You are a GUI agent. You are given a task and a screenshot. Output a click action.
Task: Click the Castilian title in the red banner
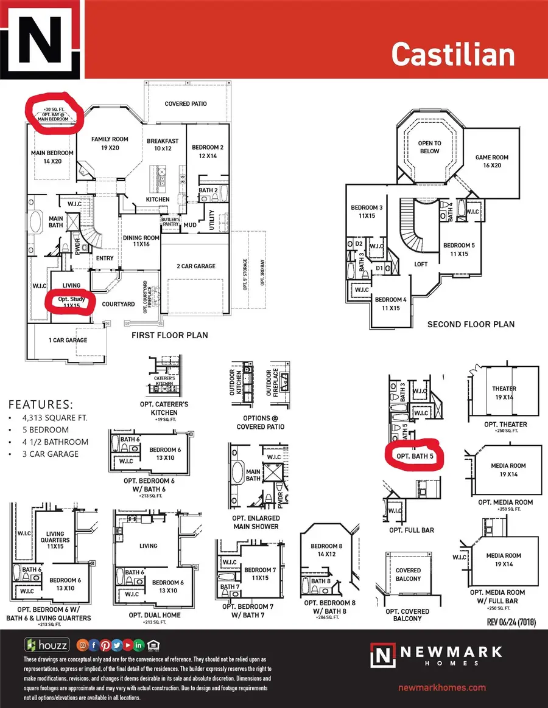tap(453, 54)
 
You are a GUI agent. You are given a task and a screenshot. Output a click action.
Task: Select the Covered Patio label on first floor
tap(186, 104)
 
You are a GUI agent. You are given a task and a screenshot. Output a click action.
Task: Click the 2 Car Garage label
tap(196, 266)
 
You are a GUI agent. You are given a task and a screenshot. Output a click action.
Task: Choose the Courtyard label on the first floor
tap(118, 304)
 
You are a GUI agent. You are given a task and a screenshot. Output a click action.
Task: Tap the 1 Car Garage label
tap(68, 340)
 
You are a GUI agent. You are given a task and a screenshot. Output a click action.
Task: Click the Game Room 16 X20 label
tap(492, 162)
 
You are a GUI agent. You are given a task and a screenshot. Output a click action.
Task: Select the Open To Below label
tap(429, 147)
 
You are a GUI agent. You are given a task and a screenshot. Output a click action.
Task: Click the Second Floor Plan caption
tap(471, 324)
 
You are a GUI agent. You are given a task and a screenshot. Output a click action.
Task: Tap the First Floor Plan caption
tap(170, 335)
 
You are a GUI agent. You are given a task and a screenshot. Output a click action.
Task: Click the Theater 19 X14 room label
tap(504, 392)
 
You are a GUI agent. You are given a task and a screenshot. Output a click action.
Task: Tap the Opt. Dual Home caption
tap(155, 615)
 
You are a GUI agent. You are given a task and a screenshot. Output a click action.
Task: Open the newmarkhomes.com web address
tap(441, 687)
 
